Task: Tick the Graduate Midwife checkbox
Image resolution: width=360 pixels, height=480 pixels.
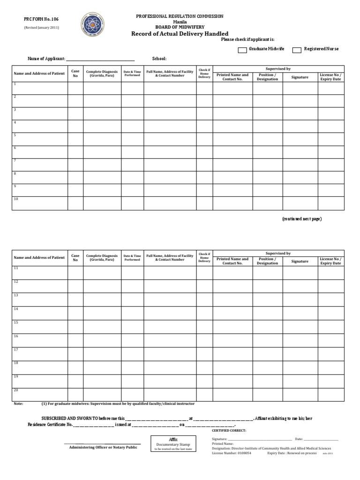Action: click(x=242, y=50)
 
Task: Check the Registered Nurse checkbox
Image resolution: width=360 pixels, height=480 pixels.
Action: click(x=296, y=50)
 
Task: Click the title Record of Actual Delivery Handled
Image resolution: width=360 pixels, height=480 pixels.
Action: click(x=180, y=34)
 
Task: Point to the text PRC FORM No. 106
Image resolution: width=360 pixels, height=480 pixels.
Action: click(x=41, y=19)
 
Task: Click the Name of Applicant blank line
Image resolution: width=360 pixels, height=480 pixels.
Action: click(x=100, y=60)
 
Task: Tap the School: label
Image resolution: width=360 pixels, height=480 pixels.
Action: click(x=159, y=59)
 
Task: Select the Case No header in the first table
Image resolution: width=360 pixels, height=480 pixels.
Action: click(x=75, y=73)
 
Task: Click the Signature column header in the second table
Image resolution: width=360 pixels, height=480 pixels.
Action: click(x=300, y=261)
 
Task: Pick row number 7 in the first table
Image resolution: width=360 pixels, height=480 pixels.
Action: click(x=15, y=160)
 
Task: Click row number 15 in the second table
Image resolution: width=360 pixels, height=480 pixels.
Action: click(x=16, y=322)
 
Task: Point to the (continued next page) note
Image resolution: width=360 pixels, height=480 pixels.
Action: click(x=301, y=219)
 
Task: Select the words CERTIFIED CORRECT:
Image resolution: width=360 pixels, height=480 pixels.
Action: click(x=229, y=430)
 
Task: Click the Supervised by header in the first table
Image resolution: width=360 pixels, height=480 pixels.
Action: click(x=278, y=69)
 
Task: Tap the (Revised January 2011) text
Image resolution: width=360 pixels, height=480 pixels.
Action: click(x=41, y=28)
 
